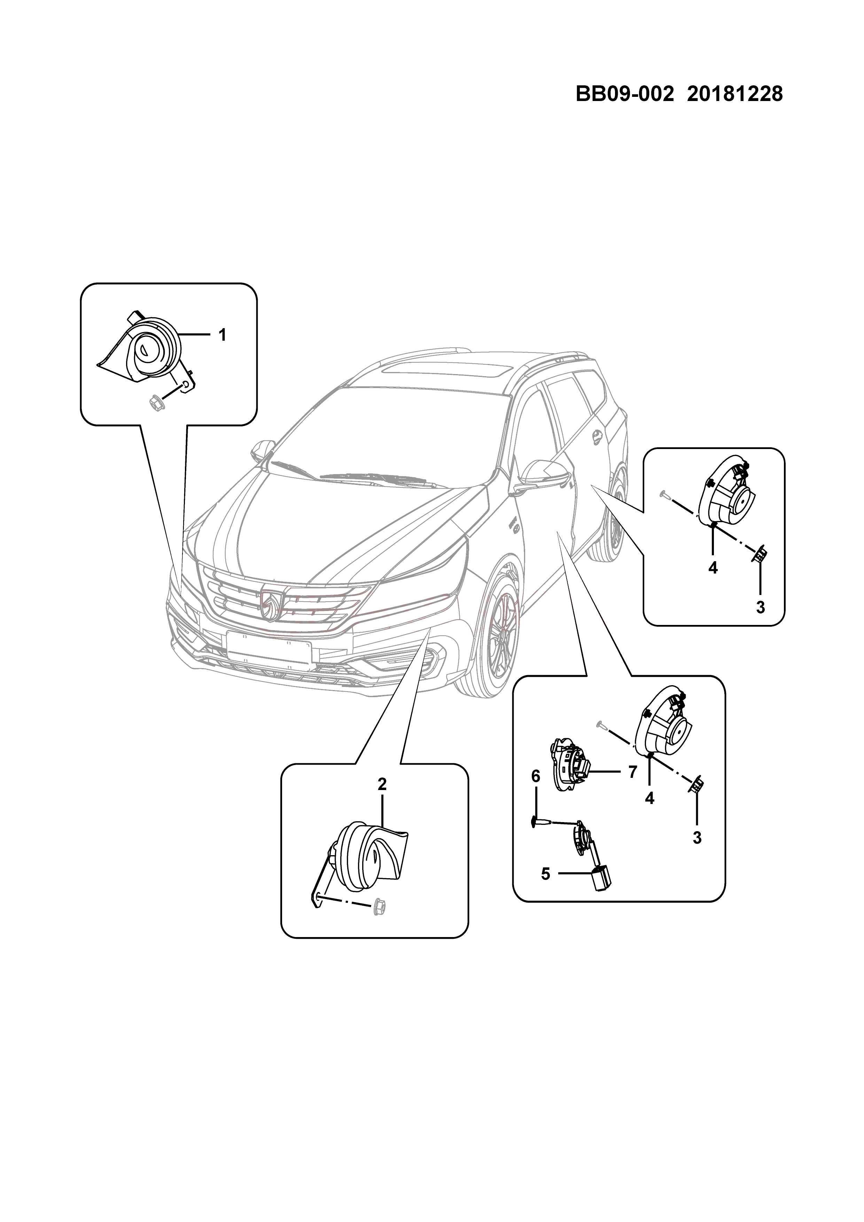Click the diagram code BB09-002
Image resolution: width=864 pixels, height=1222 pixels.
point(625,95)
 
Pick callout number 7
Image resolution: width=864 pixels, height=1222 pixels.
point(632,772)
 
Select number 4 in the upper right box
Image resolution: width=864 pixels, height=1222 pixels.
point(713,568)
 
